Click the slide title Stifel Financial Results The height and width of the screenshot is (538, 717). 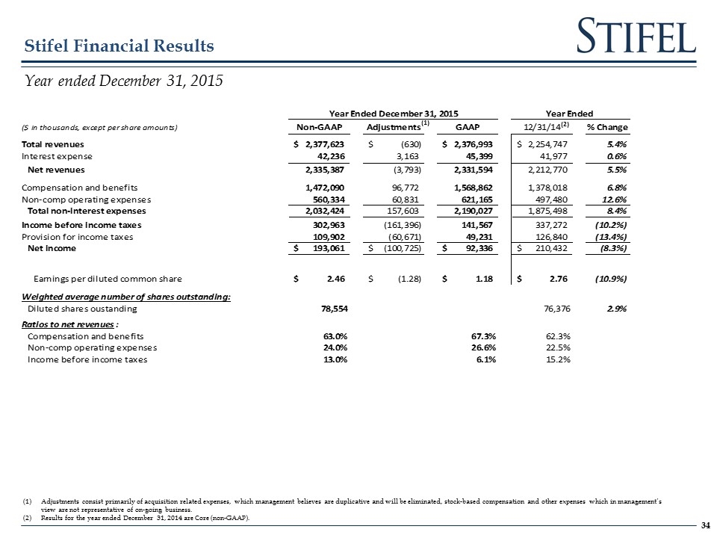tap(119, 46)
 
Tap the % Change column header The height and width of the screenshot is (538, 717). tap(607, 126)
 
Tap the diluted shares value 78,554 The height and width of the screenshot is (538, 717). tap(332, 309)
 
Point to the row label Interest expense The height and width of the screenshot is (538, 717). tap(58, 156)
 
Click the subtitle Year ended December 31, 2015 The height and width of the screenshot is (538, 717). tap(124, 80)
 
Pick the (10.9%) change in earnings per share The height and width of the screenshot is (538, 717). tap(610, 279)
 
